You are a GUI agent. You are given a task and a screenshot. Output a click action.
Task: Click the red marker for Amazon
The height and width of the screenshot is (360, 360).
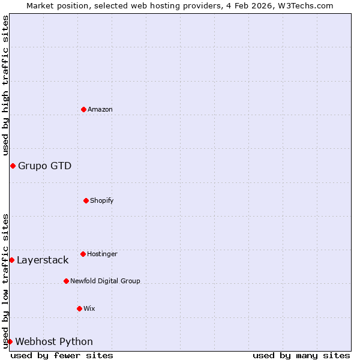(x=83, y=109)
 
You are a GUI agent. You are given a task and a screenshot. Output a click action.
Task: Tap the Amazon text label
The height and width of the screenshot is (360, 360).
(x=100, y=109)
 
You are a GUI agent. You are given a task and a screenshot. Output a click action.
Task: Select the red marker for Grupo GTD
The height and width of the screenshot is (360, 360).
(x=13, y=166)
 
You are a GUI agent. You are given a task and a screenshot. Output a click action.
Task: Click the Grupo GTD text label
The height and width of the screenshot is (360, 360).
(x=44, y=166)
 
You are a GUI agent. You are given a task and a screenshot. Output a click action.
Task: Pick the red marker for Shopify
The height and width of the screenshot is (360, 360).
(x=86, y=200)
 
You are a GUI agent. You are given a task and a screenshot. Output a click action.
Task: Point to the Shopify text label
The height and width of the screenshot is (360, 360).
(x=102, y=200)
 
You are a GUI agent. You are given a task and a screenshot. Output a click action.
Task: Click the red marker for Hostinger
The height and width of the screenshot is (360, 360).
(x=83, y=254)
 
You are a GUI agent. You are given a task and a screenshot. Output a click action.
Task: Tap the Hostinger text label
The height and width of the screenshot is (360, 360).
(x=102, y=254)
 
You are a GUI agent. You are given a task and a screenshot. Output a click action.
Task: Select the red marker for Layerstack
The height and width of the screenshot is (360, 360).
(x=11, y=260)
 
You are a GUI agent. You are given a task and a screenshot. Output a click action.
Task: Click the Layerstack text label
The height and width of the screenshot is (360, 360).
(x=43, y=260)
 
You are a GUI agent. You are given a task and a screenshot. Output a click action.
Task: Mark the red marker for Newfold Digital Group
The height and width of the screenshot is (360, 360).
(x=66, y=281)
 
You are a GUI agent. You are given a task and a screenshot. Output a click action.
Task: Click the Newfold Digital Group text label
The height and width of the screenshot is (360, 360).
(x=105, y=281)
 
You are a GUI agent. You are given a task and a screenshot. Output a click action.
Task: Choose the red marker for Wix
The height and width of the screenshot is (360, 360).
(x=79, y=308)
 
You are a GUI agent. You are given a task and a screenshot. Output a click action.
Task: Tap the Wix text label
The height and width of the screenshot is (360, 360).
(x=89, y=308)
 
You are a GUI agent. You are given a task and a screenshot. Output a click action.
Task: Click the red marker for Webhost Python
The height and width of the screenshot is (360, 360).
(x=10, y=341)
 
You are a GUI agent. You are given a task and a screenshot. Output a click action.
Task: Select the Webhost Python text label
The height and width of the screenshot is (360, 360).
(x=54, y=341)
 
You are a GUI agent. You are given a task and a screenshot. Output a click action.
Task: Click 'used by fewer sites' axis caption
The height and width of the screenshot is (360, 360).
(x=62, y=355)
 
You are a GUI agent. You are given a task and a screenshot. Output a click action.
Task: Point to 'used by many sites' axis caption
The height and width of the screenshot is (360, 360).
(x=301, y=355)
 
